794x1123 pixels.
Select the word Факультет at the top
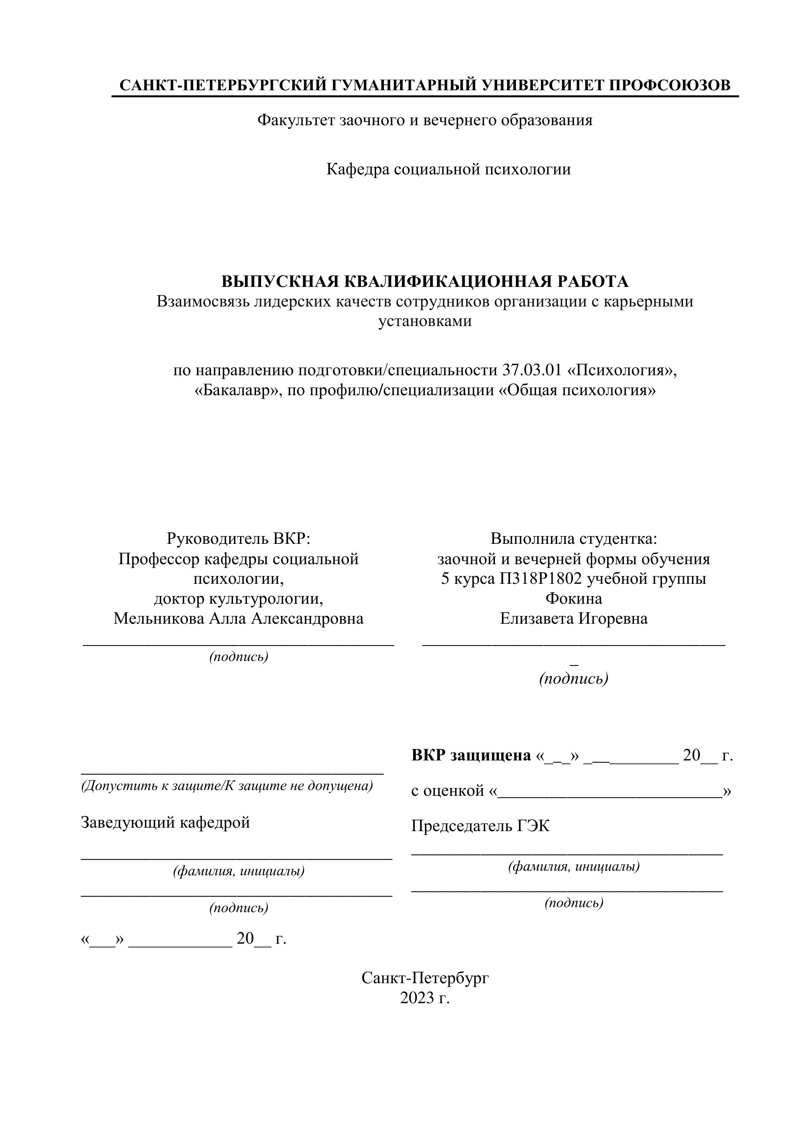[x=296, y=120]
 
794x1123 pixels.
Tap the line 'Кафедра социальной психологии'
[x=448, y=169]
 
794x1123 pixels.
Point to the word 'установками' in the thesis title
[x=425, y=321]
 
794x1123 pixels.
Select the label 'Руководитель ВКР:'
[x=238, y=538]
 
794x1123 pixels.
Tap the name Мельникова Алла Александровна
[x=238, y=619]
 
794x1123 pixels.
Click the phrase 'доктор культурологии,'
[x=238, y=599]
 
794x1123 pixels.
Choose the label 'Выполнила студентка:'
[x=574, y=538]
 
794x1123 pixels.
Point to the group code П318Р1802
[x=541, y=579]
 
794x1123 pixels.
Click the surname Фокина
[x=574, y=599]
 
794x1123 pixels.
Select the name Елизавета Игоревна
[x=574, y=619]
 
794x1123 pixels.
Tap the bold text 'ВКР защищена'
[x=471, y=755]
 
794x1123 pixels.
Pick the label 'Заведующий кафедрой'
[x=165, y=822]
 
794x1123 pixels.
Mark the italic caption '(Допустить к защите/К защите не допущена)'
[x=227, y=785]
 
